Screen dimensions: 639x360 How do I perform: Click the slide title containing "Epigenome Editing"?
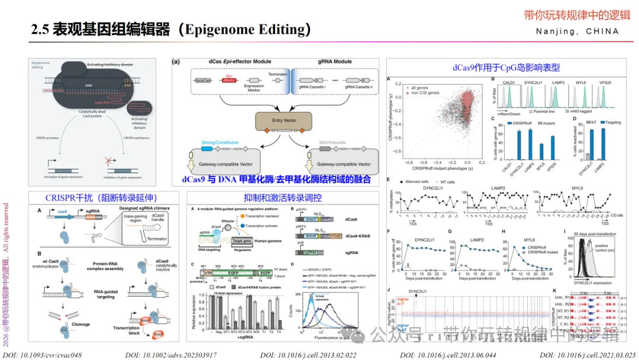171,29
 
